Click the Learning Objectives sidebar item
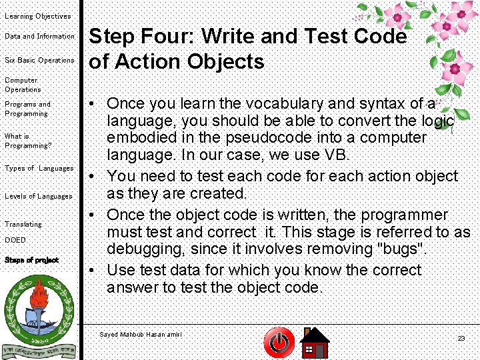[37, 16]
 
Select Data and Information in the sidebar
[39, 36]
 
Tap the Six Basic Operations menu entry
[39, 60]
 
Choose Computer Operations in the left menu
[23, 85]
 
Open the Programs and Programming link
[27, 109]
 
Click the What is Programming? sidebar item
[27, 141]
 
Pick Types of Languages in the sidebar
[39, 168]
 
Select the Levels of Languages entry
[38, 196]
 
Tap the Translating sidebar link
[23, 224]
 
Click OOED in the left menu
[15, 240]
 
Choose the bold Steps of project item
[31, 260]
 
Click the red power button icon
[279, 343]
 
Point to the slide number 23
[461, 339]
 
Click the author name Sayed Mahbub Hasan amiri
[140, 334]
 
